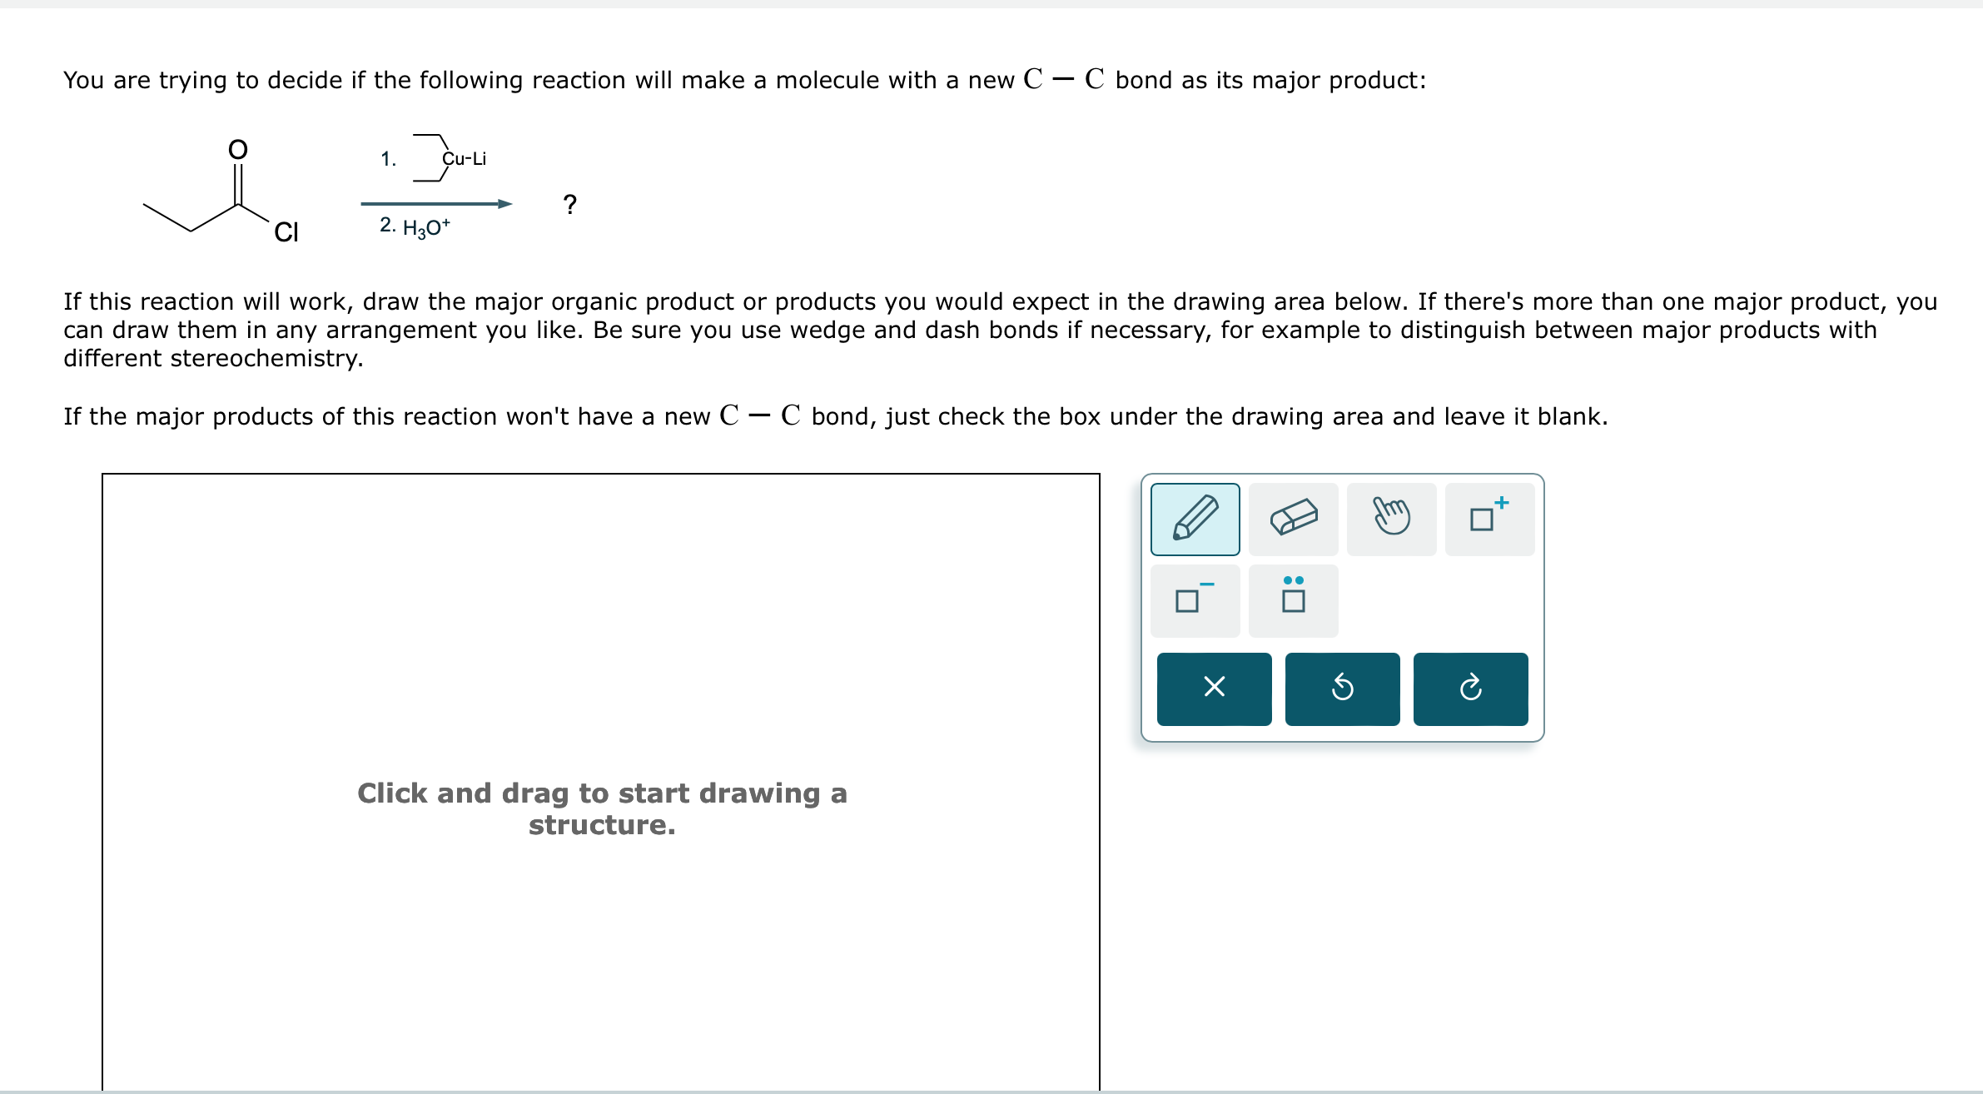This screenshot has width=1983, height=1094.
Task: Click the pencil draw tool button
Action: pyautogui.click(x=1195, y=519)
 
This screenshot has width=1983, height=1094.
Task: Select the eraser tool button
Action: pyautogui.click(x=1293, y=519)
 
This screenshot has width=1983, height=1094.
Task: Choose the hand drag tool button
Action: pyautogui.click(x=1391, y=519)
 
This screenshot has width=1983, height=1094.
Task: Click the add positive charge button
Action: pyautogui.click(x=1489, y=519)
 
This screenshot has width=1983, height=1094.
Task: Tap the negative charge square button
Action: pyautogui.click(x=1195, y=600)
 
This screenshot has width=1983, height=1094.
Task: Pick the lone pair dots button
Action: pyautogui.click(x=1293, y=600)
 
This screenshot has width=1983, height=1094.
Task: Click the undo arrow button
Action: pyautogui.click(x=1342, y=689)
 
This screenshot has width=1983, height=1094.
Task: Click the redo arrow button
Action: pyautogui.click(x=1470, y=689)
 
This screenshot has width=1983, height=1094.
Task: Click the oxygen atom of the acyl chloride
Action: pyautogui.click(x=238, y=150)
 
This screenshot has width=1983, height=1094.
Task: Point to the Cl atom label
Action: pyautogui.click(x=286, y=232)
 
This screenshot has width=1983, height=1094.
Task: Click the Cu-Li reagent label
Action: pyautogui.click(x=464, y=159)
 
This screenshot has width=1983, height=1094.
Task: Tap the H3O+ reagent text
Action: pyautogui.click(x=425, y=226)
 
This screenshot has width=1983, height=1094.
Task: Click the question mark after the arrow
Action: pyautogui.click(x=569, y=204)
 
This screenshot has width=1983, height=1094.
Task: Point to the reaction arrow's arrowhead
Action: pyautogui.click(x=504, y=204)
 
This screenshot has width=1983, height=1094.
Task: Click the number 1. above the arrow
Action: pyautogui.click(x=388, y=159)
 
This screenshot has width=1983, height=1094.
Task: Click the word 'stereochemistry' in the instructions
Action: pyautogui.click(x=266, y=358)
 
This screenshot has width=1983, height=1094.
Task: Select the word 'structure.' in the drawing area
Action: pyautogui.click(x=602, y=825)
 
